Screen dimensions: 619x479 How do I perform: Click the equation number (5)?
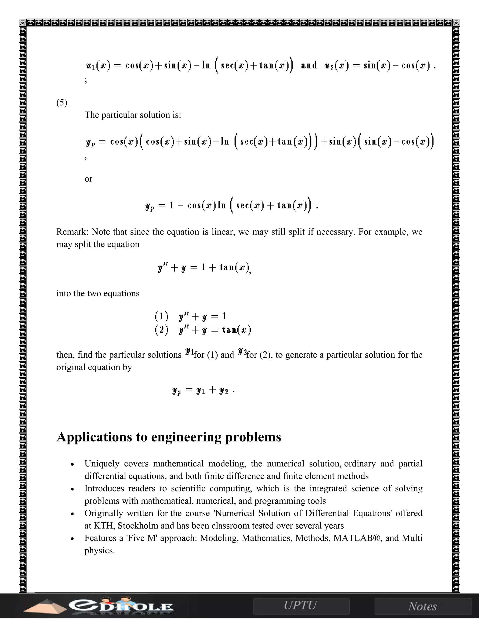(x=62, y=103)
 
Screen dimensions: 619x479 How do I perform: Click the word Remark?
(x=72, y=232)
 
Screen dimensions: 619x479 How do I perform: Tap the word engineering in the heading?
(x=186, y=437)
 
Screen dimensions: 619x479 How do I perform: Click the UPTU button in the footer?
(x=301, y=605)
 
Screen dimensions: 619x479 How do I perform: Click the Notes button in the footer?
(x=423, y=606)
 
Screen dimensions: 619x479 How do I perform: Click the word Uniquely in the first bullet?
(x=102, y=464)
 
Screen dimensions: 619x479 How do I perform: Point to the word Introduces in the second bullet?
(x=104, y=488)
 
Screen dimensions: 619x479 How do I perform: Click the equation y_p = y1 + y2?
(x=203, y=391)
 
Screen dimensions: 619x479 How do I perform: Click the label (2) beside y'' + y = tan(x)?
(x=161, y=330)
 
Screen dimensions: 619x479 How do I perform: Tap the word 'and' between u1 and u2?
(x=309, y=65)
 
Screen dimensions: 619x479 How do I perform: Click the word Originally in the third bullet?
(x=104, y=513)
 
